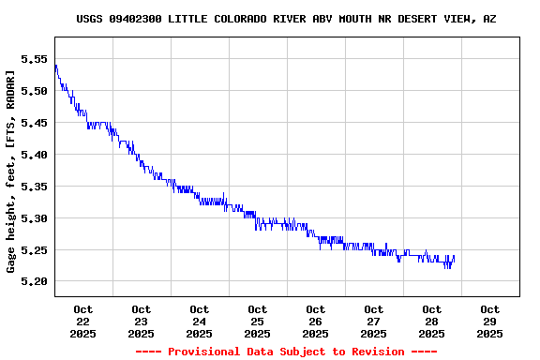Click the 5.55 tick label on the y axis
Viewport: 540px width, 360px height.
pyautogui.click(x=34, y=58)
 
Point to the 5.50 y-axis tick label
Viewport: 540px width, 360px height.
pyautogui.click(x=34, y=90)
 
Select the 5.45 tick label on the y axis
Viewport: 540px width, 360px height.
pyautogui.click(x=34, y=122)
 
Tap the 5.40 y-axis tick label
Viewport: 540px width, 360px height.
pyautogui.click(x=34, y=154)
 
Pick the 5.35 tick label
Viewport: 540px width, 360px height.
pyautogui.click(x=34, y=186)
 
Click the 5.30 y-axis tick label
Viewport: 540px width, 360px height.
pyautogui.click(x=34, y=217)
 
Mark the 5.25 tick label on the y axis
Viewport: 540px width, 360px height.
pyautogui.click(x=34, y=249)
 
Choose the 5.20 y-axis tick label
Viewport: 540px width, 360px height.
pyautogui.click(x=34, y=281)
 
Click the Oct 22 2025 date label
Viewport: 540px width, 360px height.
pyautogui.click(x=83, y=321)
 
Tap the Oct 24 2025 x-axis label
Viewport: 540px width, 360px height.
pyautogui.click(x=200, y=321)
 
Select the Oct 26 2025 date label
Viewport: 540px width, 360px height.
pyautogui.click(x=316, y=321)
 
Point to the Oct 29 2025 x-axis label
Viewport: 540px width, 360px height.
pyautogui.click(x=490, y=321)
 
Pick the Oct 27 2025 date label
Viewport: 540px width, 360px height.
pyautogui.click(x=374, y=321)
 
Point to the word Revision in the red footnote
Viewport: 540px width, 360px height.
pyautogui.click(x=374, y=352)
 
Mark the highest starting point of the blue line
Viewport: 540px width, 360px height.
pyautogui.click(x=56, y=66)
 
